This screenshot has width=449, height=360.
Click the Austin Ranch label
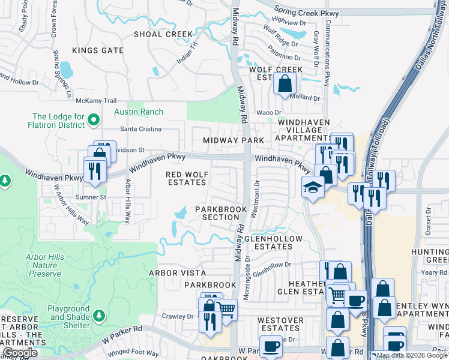[x=139, y=112]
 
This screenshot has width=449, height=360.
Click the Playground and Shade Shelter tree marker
[x=99, y=316]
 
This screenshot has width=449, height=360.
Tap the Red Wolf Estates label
[x=186, y=178]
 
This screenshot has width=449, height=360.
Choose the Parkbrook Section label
[x=221, y=213]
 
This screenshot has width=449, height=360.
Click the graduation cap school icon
[x=313, y=187]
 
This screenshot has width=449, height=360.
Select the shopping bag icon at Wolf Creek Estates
[x=285, y=84]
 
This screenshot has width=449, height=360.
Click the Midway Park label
[x=234, y=140]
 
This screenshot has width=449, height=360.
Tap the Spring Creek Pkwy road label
[x=306, y=12]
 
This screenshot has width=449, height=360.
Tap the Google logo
[x=20, y=353]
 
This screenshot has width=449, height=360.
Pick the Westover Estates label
[x=280, y=324]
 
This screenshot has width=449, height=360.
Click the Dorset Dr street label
[x=429, y=220]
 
